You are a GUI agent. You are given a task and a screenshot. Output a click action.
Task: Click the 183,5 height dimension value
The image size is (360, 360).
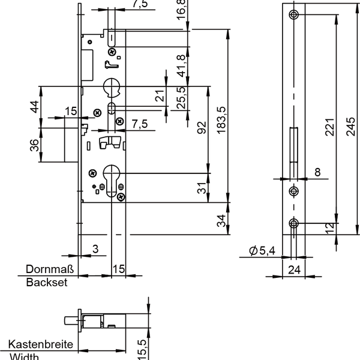point(221,121)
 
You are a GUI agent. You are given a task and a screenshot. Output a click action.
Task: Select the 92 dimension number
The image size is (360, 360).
point(202,128)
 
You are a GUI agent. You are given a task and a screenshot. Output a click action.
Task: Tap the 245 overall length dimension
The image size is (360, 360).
point(350,127)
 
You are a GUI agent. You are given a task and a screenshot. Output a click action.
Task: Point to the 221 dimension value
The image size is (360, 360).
point(329,127)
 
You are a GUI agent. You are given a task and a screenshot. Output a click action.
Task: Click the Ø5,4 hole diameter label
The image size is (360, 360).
point(262,250)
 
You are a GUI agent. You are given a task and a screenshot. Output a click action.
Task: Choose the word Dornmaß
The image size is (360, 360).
point(50,269)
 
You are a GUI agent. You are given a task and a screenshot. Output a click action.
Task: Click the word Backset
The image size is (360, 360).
point(47,283)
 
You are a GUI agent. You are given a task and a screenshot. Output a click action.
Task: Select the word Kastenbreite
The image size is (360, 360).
point(41,344)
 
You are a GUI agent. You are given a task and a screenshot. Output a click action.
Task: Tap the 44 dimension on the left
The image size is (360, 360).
point(35,107)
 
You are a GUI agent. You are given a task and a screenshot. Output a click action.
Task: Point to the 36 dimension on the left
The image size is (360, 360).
point(34,145)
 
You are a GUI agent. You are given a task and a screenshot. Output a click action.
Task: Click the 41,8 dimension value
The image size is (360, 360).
point(181,66)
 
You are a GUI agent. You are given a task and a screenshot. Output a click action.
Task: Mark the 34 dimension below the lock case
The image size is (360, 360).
point(221,221)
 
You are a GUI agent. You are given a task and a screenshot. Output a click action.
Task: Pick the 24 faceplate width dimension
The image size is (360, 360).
point(294,270)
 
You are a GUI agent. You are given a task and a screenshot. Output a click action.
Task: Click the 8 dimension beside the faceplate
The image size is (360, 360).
point(317,172)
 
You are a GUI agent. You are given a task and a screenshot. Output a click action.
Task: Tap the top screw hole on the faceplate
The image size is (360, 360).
point(293,14)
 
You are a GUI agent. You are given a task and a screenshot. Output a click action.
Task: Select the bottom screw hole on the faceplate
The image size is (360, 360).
point(293,223)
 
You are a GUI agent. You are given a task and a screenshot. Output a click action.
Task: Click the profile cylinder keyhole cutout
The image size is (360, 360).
point(112,181)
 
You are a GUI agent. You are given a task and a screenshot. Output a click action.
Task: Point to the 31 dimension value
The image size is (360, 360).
point(202,188)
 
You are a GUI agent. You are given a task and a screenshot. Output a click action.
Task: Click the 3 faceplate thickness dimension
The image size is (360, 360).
point(95,249)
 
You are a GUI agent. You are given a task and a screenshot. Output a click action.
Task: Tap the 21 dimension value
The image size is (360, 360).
point(160,96)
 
